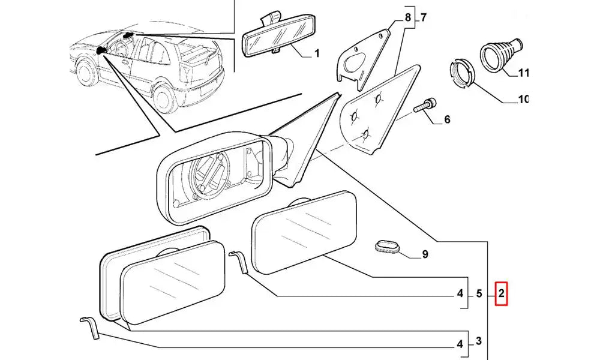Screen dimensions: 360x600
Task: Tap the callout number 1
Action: click(x=317, y=54)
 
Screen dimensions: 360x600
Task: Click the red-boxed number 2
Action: click(x=501, y=293)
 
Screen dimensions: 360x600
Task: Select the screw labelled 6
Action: click(x=425, y=108)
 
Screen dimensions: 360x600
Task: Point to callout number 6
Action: click(x=447, y=120)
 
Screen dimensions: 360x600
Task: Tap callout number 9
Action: click(x=425, y=254)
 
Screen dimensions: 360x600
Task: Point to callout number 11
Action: click(x=523, y=73)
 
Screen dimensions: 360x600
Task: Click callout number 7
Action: click(x=423, y=17)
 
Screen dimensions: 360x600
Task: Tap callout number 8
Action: click(x=408, y=17)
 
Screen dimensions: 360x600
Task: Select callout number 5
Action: click(x=479, y=293)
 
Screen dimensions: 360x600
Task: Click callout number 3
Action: click(x=479, y=341)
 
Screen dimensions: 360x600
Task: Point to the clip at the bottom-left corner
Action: click(x=89, y=328)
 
